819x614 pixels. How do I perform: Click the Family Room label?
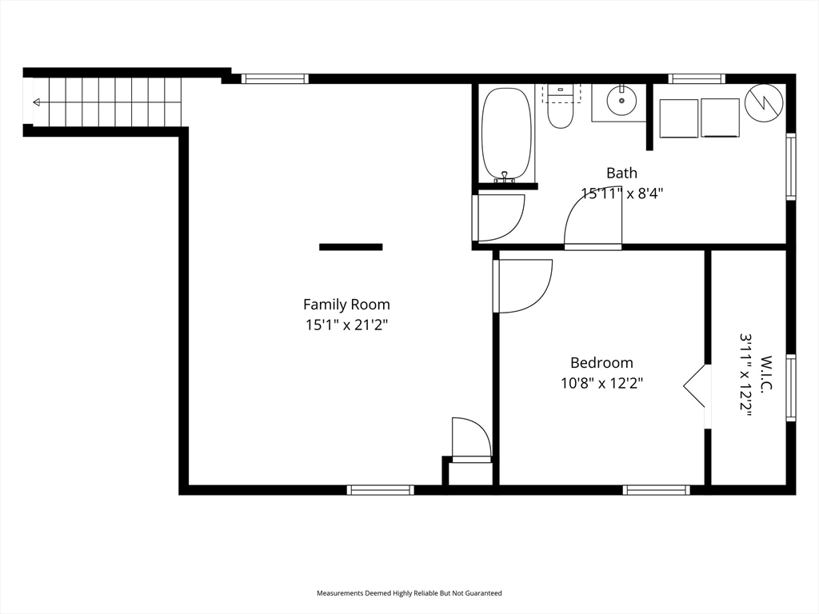click(x=346, y=305)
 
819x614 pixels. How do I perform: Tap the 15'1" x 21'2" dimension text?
click(x=346, y=325)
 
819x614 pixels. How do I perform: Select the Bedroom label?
click(x=601, y=362)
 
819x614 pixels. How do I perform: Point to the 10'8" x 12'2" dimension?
click(x=601, y=384)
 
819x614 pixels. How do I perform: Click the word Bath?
click(x=621, y=173)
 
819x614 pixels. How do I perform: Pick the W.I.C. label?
click(x=766, y=373)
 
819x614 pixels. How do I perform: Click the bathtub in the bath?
click(x=506, y=134)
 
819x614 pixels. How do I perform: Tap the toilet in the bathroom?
click(x=561, y=107)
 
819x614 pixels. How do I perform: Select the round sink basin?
click(x=621, y=100)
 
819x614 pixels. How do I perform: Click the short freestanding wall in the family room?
click(x=351, y=247)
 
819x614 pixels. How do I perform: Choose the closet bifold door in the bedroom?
click(x=695, y=386)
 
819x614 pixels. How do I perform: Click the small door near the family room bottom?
click(x=471, y=440)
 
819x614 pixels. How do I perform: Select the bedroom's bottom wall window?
click(x=656, y=490)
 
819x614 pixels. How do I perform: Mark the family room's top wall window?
click(x=275, y=79)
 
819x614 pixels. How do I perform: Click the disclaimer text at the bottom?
click(x=409, y=593)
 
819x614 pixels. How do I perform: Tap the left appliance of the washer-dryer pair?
click(x=679, y=118)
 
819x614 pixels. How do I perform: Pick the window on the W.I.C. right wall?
click(x=791, y=388)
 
